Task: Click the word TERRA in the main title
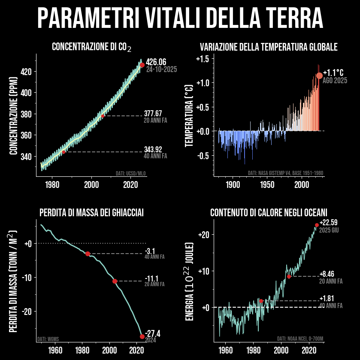click(x=292, y=17)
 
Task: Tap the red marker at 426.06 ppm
click(x=142, y=65)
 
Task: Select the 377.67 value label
click(x=153, y=113)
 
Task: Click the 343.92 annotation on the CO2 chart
click(x=153, y=149)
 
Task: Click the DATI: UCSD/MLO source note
click(x=130, y=174)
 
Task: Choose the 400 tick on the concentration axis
click(x=27, y=93)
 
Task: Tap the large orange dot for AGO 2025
click(x=319, y=76)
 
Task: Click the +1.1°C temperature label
click(x=333, y=72)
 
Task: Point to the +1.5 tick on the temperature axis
click(x=202, y=58)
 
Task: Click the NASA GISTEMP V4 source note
click(x=285, y=173)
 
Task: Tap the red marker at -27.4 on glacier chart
click(x=142, y=336)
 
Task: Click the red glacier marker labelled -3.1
click(x=88, y=254)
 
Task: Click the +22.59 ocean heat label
click(x=329, y=222)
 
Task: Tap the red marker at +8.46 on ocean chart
click(x=289, y=276)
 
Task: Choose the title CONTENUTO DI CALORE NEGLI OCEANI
click(x=269, y=213)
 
